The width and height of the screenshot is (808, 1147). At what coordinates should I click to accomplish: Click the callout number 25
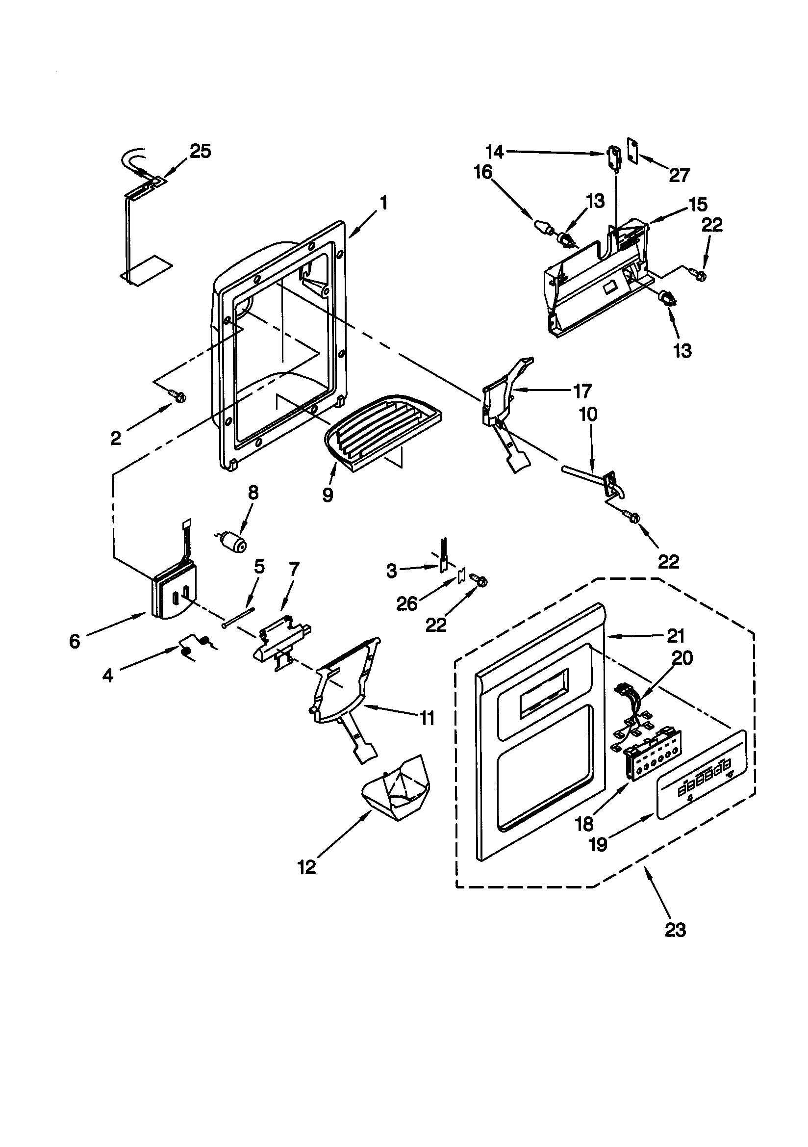coord(201,151)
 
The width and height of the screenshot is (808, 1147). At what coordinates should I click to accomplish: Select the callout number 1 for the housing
coord(383,203)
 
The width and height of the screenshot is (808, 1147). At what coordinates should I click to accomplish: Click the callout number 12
coord(307,867)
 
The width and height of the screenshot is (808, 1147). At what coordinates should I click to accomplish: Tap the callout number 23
coord(675,930)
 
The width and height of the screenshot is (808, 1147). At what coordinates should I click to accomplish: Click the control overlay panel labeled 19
coord(702,776)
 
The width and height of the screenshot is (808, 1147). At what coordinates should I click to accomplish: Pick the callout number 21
coord(675,636)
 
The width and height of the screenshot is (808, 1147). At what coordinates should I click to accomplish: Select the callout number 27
coord(679,175)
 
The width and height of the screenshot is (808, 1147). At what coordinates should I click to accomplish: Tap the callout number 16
coord(483,172)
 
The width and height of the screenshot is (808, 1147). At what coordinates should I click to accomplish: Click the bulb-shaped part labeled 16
coord(543,227)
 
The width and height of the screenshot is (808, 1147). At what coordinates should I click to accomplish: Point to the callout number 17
coord(582,391)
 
